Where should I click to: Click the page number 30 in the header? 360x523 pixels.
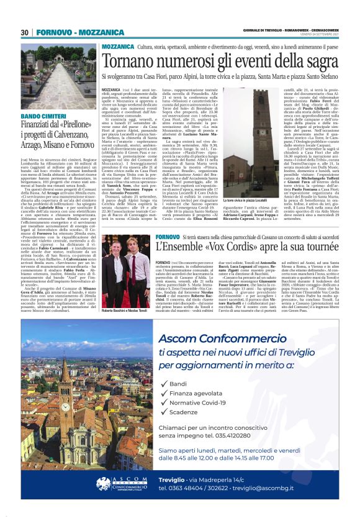(x=25, y=32)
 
